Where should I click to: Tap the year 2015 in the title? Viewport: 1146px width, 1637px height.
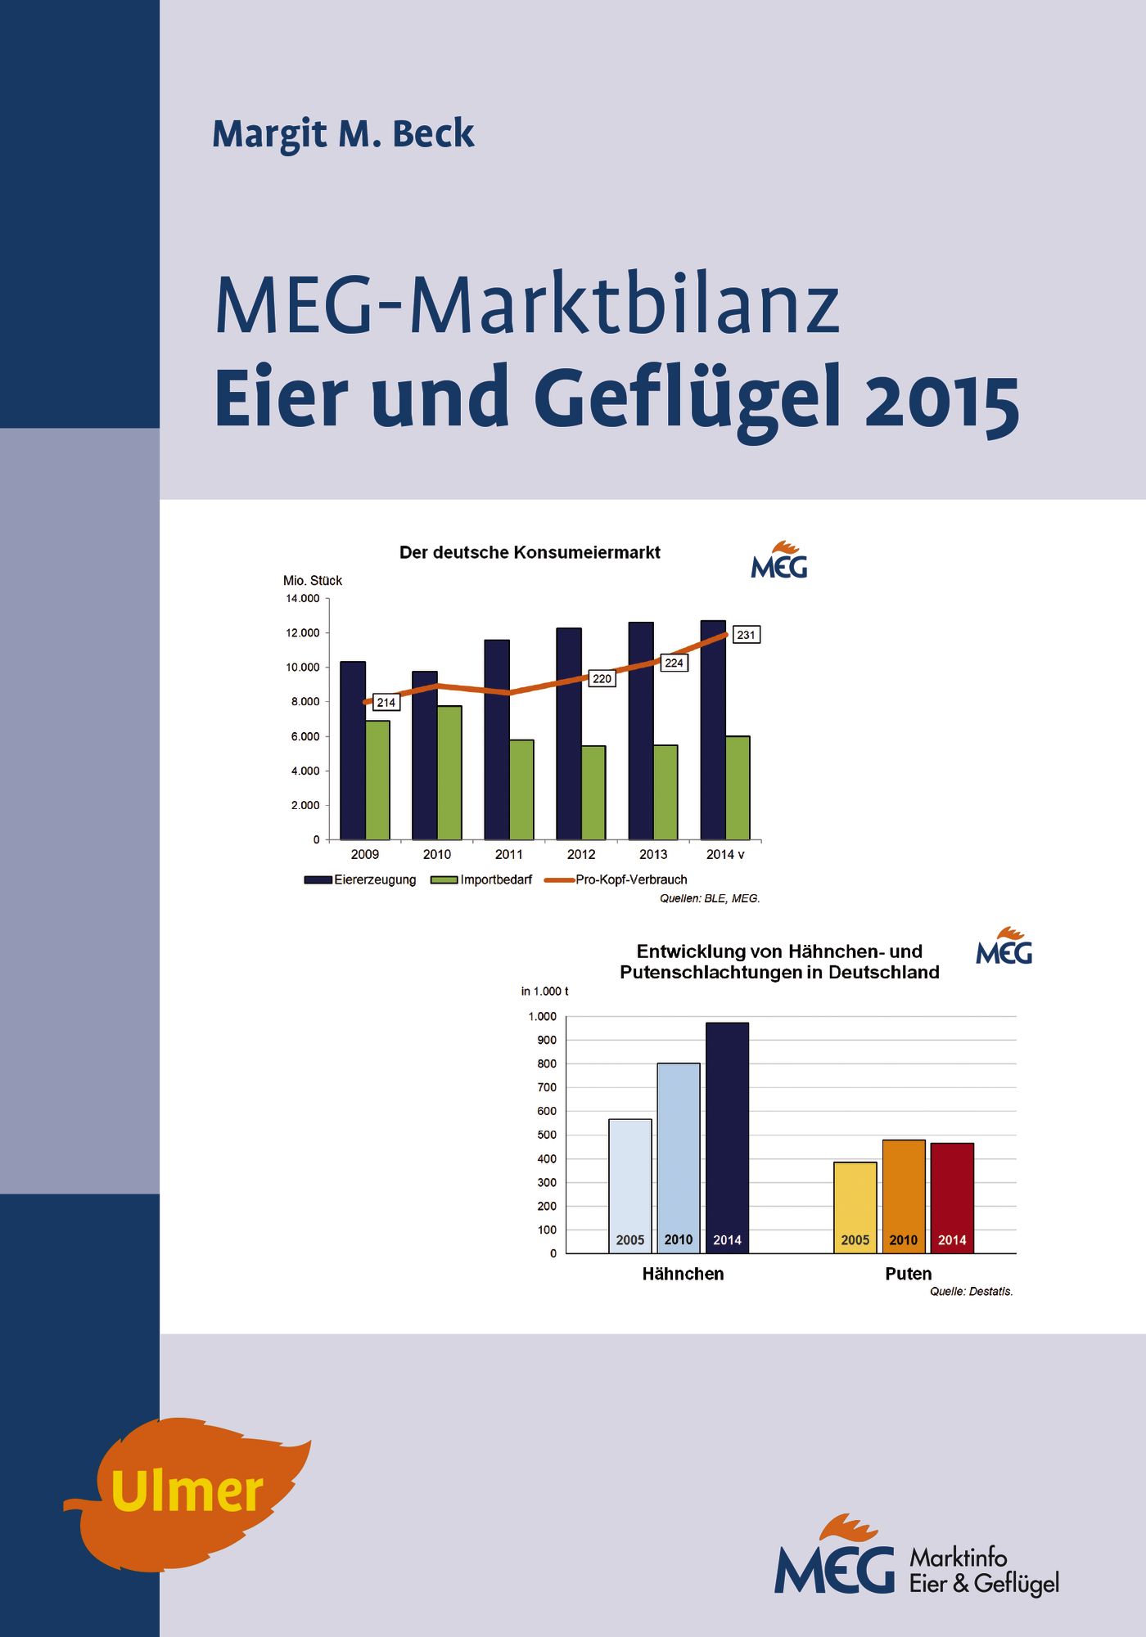pyautogui.click(x=941, y=401)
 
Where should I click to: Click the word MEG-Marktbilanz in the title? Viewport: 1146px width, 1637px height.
pyautogui.click(x=527, y=306)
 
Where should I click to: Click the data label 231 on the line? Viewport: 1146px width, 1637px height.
pyautogui.click(x=746, y=635)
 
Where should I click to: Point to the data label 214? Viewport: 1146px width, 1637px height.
pyautogui.click(x=386, y=702)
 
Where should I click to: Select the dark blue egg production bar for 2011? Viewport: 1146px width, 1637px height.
pyautogui.click(x=497, y=740)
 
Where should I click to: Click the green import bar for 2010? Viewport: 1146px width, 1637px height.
pyautogui.click(x=449, y=772)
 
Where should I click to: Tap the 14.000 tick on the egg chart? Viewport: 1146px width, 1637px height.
pyautogui.click(x=303, y=599)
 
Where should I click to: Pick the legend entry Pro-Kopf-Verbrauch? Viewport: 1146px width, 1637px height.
pyautogui.click(x=630, y=879)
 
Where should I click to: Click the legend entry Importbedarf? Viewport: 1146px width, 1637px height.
pyautogui.click(x=495, y=879)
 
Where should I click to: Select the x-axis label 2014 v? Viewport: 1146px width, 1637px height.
pyautogui.click(x=725, y=854)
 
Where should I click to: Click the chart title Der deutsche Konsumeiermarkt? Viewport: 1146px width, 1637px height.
pyautogui.click(x=530, y=552)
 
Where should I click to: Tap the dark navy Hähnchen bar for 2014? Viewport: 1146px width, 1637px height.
pyautogui.click(x=727, y=1137)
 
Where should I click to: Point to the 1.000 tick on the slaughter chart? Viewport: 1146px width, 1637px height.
pyautogui.click(x=542, y=1016)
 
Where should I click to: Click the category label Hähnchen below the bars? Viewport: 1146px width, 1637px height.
pyautogui.click(x=683, y=1274)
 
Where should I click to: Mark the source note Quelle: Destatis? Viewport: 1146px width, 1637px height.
pyautogui.click(x=971, y=1292)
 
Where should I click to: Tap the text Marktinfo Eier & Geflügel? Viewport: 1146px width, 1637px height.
pyautogui.click(x=984, y=1571)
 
